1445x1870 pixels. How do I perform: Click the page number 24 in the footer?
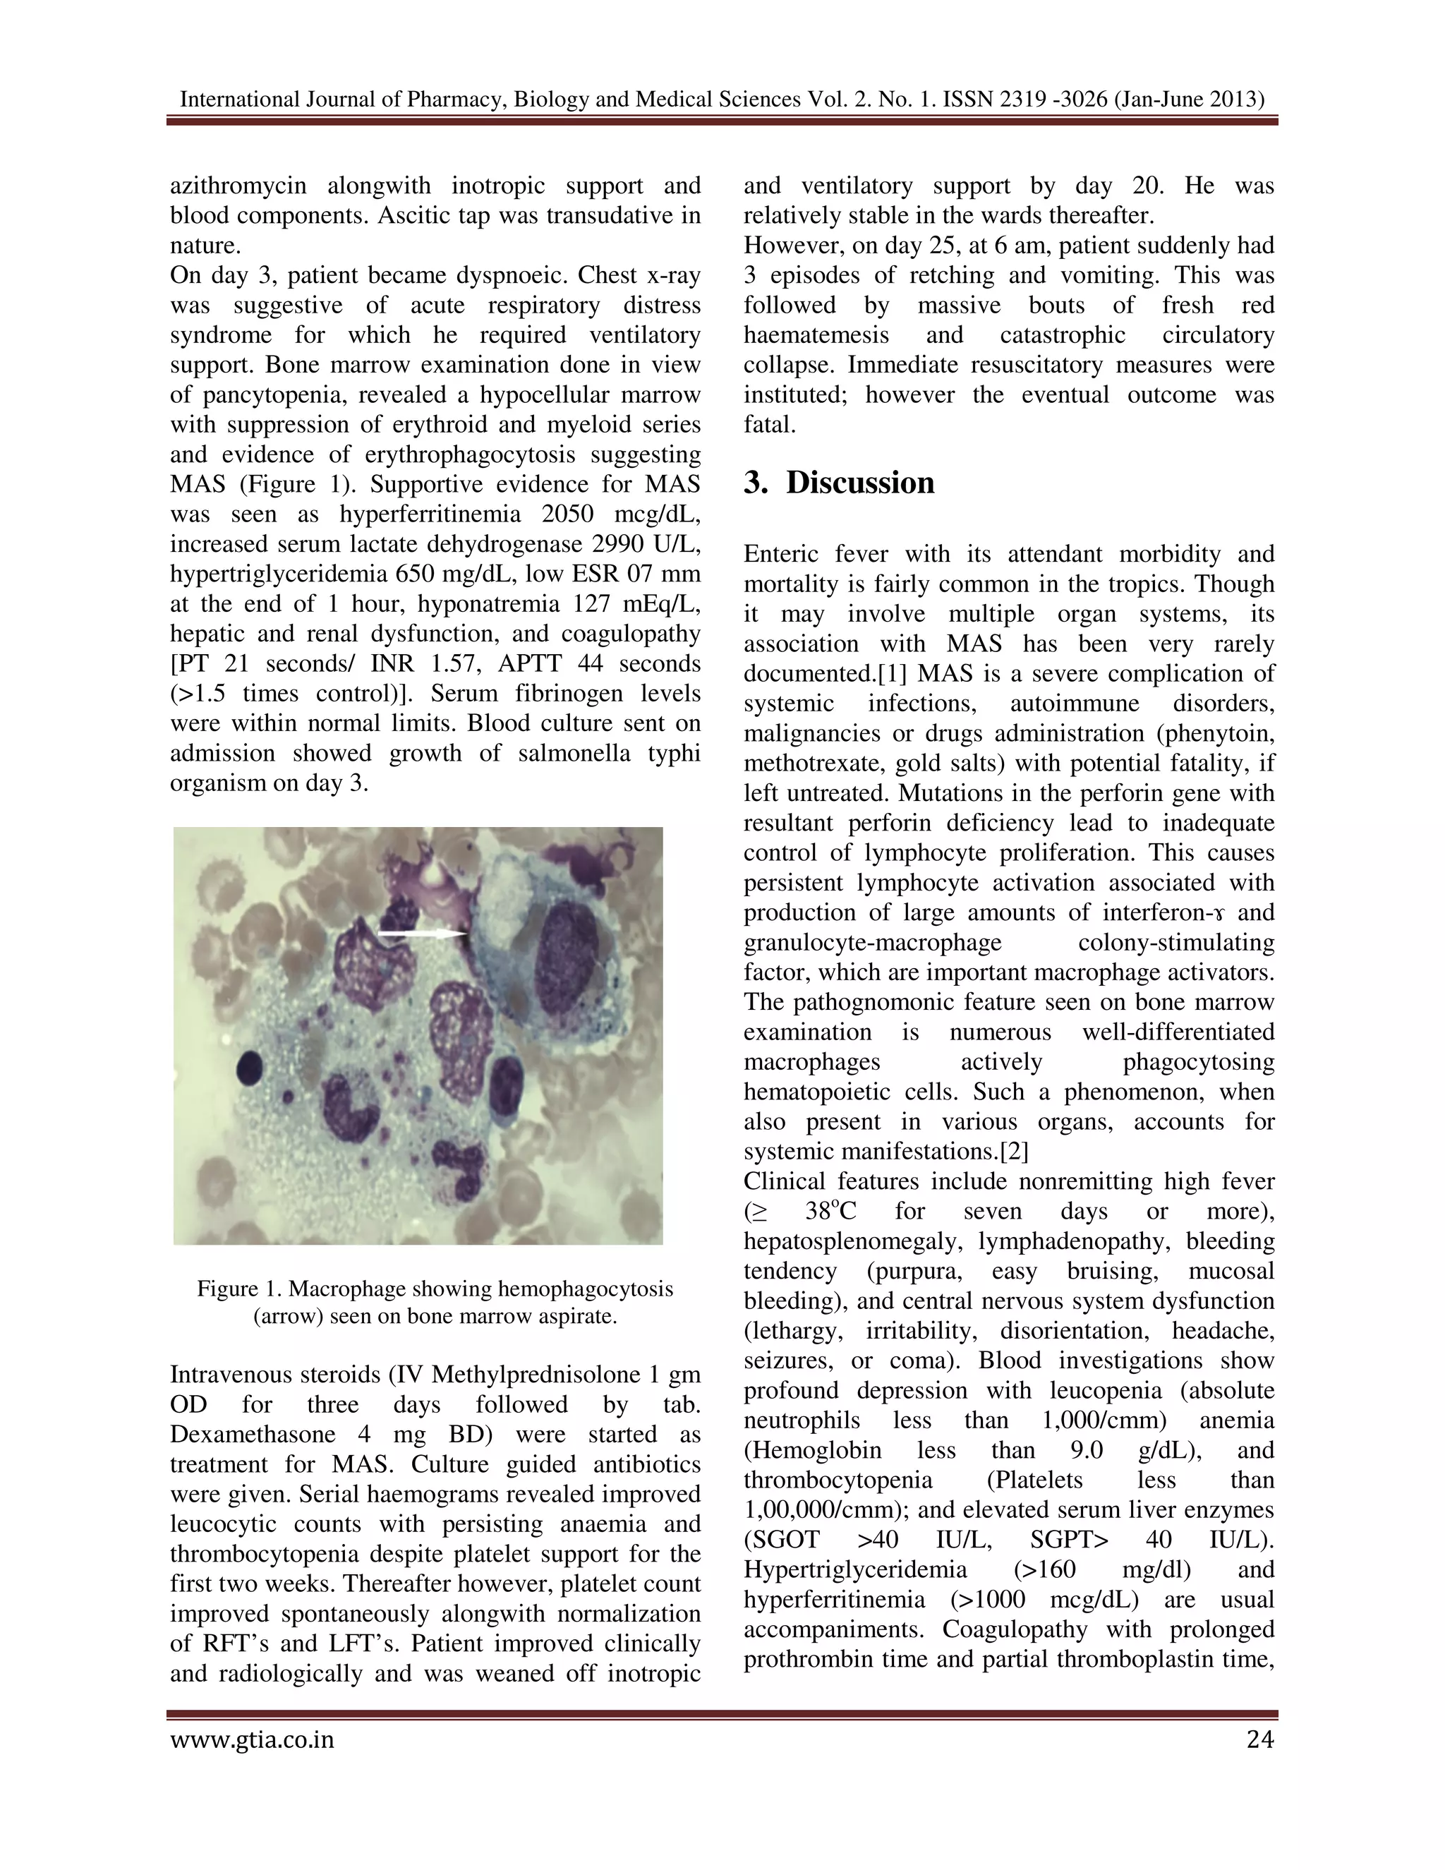[x=1259, y=1740]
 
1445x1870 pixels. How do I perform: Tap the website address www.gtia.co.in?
[x=252, y=1741]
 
